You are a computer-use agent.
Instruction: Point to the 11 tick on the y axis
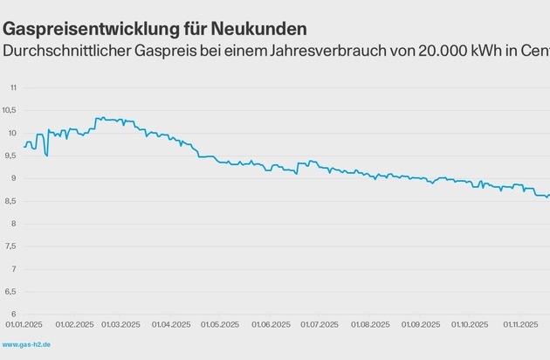pyautogui.click(x=13, y=87)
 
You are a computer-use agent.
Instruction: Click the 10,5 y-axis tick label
pyautogui.click(x=10, y=110)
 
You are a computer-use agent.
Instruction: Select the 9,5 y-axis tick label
pyautogui.click(x=10, y=156)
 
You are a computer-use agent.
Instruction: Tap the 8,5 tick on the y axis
pyautogui.click(x=10, y=201)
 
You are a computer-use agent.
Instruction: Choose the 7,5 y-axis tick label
pyautogui.click(x=10, y=246)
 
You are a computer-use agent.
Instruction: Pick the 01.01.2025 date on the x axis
pyautogui.click(x=24, y=324)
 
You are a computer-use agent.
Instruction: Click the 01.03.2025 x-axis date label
pyautogui.click(x=121, y=324)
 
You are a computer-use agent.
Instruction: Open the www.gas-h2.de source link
pyautogui.click(x=26, y=345)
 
